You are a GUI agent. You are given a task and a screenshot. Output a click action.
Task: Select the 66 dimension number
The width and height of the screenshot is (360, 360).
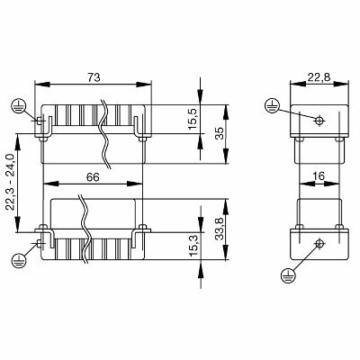tap(92, 178)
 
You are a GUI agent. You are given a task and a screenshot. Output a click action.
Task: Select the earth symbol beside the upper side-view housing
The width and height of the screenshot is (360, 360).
tap(273, 105)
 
